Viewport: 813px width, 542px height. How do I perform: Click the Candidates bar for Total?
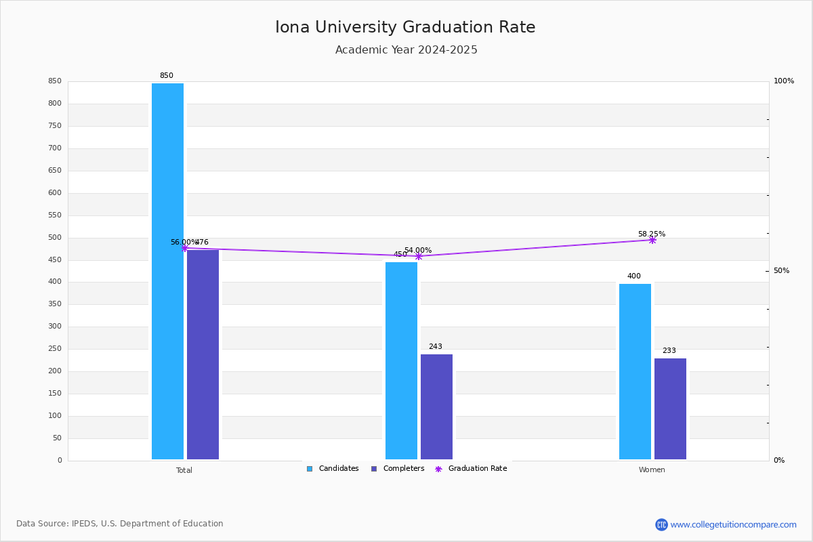(x=167, y=271)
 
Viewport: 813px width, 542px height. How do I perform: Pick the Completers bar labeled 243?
(x=436, y=406)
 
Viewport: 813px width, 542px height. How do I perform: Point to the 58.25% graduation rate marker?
(x=652, y=240)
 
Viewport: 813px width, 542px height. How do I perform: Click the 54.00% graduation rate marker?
(x=419, y=256)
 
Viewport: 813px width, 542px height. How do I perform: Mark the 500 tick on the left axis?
(x=55, y=238)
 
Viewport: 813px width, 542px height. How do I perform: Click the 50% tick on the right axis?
(x=781, y=271)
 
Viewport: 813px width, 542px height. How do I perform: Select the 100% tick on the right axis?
(x=783, y=81)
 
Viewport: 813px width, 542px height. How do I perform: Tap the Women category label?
(x=652, y=470)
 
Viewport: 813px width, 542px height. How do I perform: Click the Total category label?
(x=184, y=470)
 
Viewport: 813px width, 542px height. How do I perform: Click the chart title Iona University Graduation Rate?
(x=405, y=28)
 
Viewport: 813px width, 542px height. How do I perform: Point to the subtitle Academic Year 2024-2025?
(x=406, y=50)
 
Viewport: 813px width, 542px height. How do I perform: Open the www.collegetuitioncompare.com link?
(x=733, y=524)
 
